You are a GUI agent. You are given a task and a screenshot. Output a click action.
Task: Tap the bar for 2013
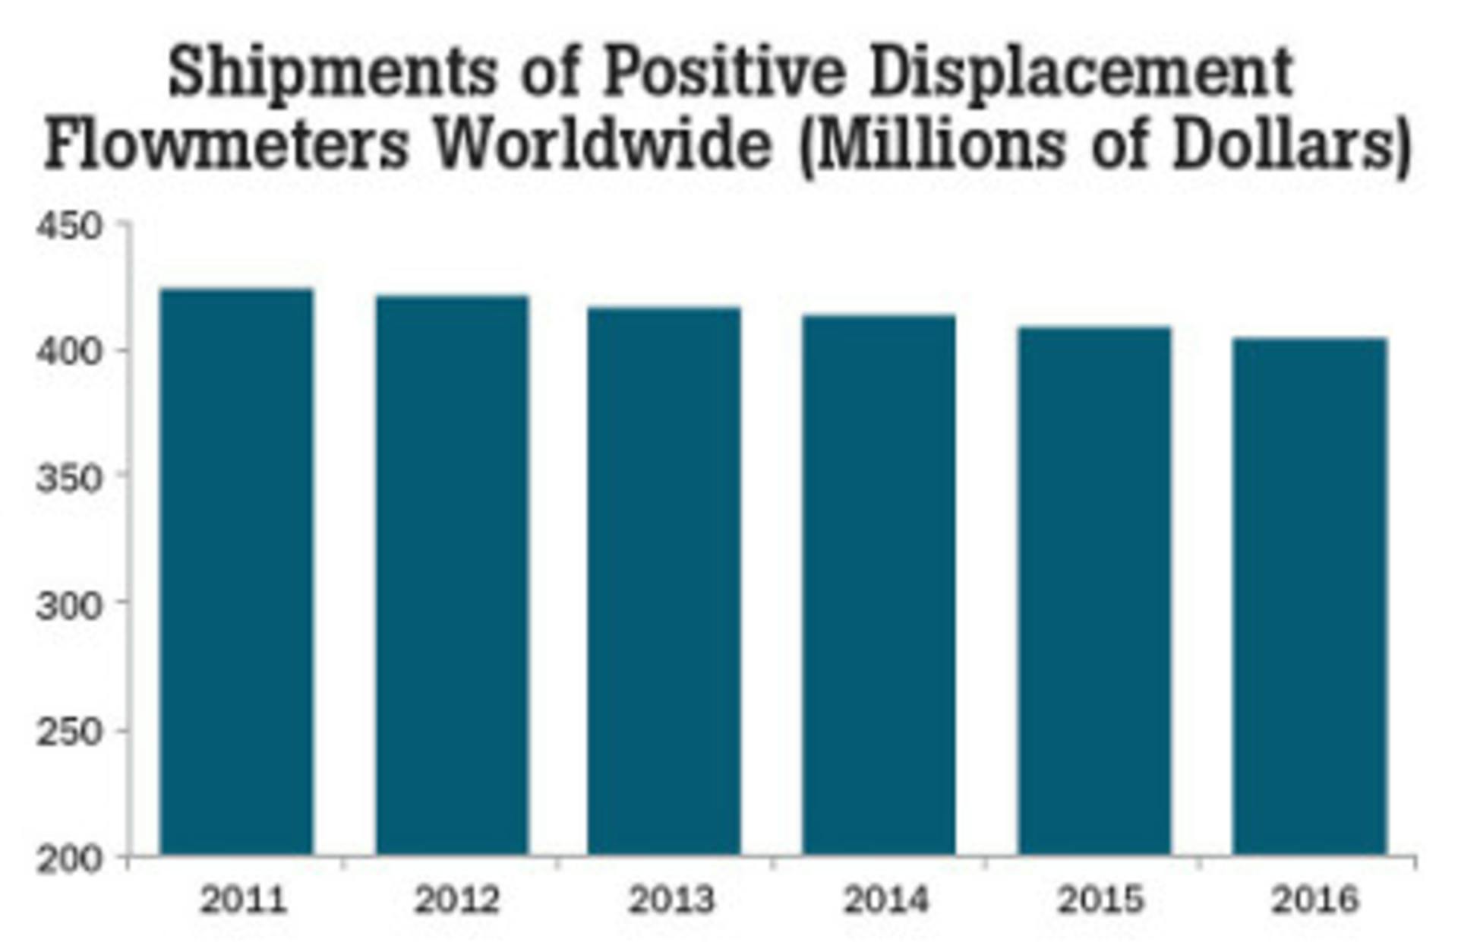point(664,581)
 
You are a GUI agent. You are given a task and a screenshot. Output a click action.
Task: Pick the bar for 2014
point(879,584)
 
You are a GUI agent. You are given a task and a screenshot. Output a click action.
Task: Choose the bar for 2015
point(1094,590)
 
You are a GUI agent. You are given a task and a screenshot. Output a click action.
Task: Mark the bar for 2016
point(1310,596)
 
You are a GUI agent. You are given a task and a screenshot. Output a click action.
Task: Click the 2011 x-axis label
point(243,901)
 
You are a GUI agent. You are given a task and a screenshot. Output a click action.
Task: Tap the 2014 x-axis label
point(886,901)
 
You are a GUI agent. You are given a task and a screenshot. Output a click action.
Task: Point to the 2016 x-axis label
point(1315,901)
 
